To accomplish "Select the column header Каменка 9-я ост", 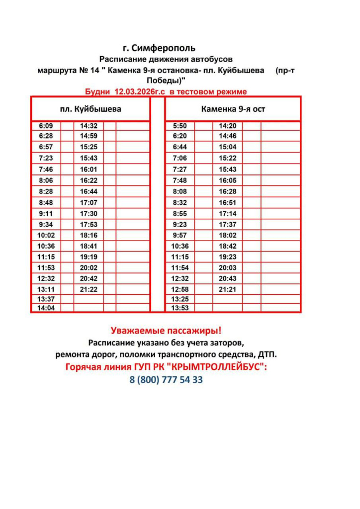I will click(233, 109).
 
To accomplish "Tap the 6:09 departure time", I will click(46, 126).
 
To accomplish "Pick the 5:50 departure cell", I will click(180, 126).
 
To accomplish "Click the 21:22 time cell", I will click(89, 289).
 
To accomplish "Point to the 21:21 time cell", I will click(228, 289).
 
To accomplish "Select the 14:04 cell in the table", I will click(46, 308).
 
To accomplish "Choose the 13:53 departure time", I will click(180, 308).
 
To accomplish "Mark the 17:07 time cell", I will click(89, 202).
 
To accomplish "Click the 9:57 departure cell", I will click(180, 235).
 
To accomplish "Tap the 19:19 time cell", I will click(89, 257).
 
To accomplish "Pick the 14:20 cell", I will click(228, 126).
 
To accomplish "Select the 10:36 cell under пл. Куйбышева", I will click(46, 246).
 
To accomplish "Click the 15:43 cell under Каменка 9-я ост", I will click(228, 170).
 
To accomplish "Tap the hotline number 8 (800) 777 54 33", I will click(166, 380).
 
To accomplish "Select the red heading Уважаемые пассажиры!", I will click(166, 330).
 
